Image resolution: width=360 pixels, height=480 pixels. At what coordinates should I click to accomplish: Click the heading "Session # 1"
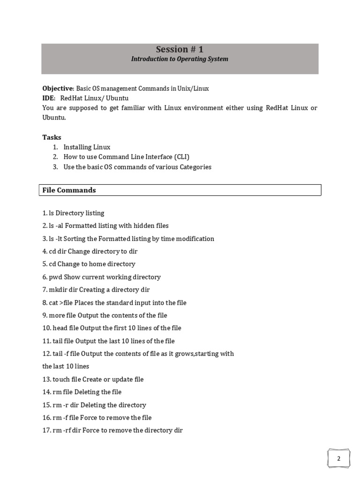tap(180, 50)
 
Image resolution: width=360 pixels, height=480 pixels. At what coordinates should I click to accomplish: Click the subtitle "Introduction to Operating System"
tap(180, 59)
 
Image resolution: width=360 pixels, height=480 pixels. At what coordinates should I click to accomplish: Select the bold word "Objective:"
tap(58, 88)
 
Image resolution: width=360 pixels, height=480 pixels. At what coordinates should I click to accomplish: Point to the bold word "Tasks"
tap(52, 137)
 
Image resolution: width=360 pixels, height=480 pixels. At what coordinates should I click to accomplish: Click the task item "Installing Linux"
tap(87, 147)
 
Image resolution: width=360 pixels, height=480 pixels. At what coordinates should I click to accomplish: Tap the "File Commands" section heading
tap(69, 190)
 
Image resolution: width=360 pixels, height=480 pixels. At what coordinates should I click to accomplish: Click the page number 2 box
tap(339, 458)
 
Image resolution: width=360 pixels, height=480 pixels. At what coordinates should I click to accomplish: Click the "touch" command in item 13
tap(61, 379)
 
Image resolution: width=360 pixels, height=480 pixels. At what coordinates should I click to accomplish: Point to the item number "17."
tap(47, 430)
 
